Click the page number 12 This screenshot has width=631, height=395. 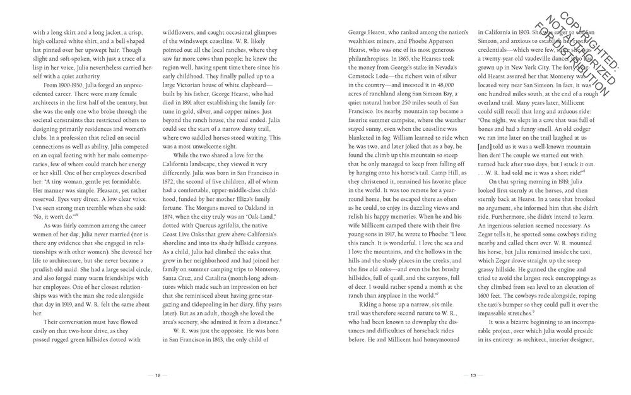pos(158,375)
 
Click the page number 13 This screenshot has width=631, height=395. pos(473,375)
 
